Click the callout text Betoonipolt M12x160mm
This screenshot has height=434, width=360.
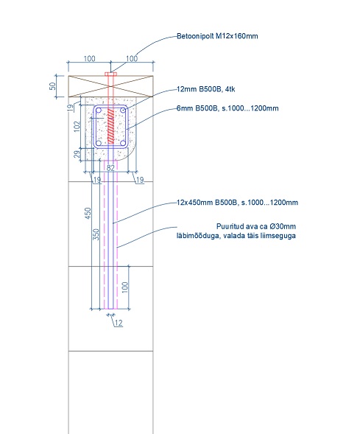click(217, 36)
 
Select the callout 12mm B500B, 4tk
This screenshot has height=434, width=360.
click(206, 89)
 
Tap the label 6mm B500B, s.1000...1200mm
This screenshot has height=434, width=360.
click(227, 108)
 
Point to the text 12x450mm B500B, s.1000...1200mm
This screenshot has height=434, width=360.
click(238, 203)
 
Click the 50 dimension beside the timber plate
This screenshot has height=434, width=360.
click(52, 86)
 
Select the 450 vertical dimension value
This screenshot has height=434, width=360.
click(88, 213)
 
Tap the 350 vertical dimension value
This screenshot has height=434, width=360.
click(96, 234)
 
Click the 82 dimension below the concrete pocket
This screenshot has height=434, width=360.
click(110, 168)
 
